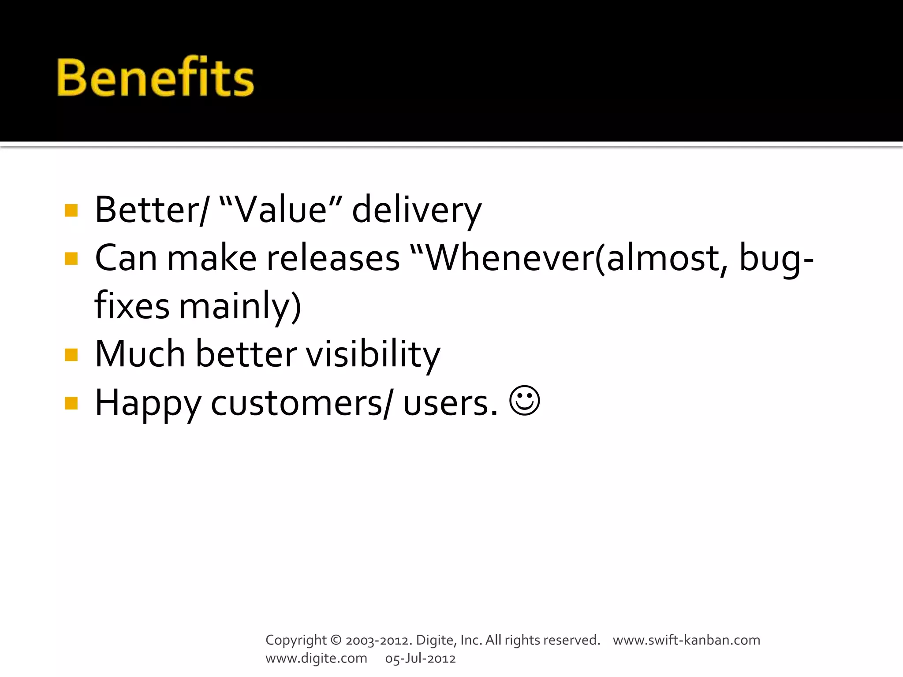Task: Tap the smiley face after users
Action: click(524, 401)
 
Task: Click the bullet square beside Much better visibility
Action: click(71, 354)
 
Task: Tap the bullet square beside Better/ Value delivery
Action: click(71, 210)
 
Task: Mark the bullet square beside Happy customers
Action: click(71, 403)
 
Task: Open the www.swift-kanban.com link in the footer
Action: click(687, 640)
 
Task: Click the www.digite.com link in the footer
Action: click(316, 658)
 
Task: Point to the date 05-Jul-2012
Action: click(420, 658)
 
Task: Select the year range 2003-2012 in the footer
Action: click(378, 640)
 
